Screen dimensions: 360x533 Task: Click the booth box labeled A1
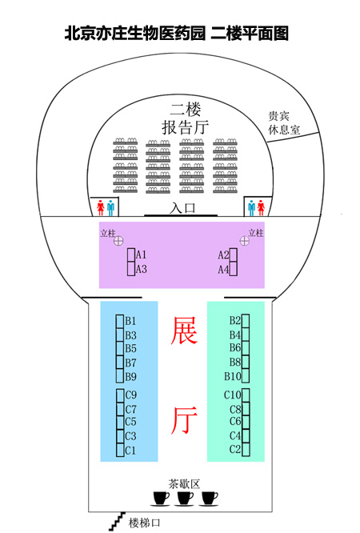(131, 254)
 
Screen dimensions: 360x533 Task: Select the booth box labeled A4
(233, 269)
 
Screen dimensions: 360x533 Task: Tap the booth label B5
(130, 349)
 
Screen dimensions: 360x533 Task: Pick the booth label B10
(233, 376)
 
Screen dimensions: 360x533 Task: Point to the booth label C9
(131, 395)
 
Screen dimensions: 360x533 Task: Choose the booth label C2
(235, 450)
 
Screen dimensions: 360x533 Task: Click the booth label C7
(131, 409)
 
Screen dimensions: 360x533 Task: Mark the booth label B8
(235, 362)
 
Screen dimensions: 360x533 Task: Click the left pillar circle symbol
(118, 241)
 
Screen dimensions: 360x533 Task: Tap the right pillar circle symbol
(245, 241)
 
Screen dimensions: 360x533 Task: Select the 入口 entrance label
(182, 208)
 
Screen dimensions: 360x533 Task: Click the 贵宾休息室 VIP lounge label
(283, 123)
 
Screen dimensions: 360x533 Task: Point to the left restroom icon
(106, 208)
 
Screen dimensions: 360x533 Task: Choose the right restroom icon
(256, 208)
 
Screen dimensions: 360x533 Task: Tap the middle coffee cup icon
(185, 499)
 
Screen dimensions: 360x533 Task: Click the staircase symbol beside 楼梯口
(118, 521)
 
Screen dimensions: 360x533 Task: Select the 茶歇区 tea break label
(184, 483)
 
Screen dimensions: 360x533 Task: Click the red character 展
(184, 331)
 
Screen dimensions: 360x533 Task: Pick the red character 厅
(184, 420)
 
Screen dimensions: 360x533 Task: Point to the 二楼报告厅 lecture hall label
(186, 118)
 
